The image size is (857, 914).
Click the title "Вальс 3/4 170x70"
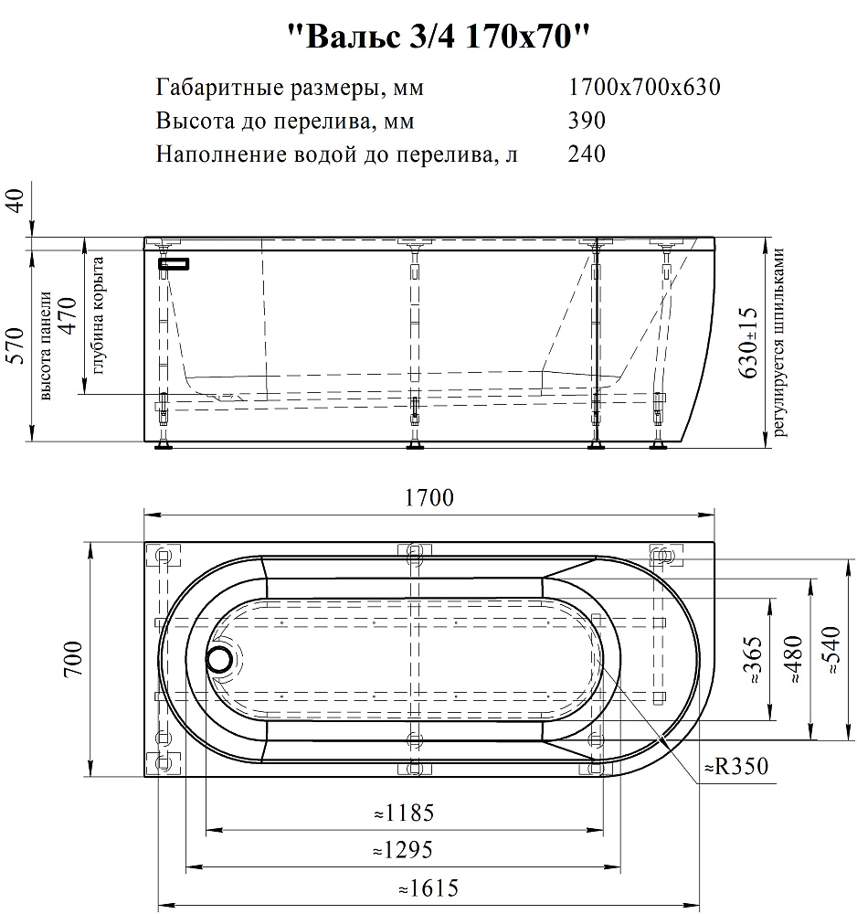pos(439,37)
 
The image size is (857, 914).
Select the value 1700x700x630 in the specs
pos(644,88)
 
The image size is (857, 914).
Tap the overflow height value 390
pos(587,121)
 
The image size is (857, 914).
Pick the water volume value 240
pos(587,154)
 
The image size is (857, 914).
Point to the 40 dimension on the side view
pos(16,201)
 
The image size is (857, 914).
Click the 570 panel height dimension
pos(16,345)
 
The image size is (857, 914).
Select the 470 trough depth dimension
pos(69,316)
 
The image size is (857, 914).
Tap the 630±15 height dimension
pos(750,344)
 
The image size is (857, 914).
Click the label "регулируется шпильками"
pos(779,343)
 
